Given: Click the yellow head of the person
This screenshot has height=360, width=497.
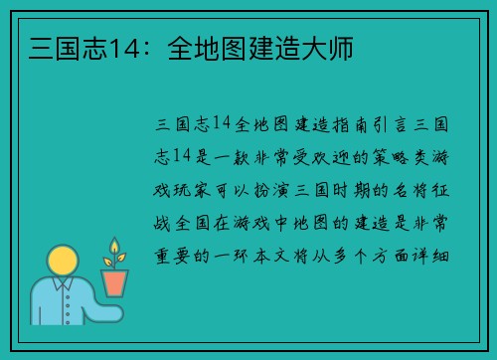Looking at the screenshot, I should tap(63, 263).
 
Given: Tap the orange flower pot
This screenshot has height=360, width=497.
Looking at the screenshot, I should tap(115, 282).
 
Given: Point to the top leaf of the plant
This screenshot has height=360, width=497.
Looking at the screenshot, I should tap(115, 245).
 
